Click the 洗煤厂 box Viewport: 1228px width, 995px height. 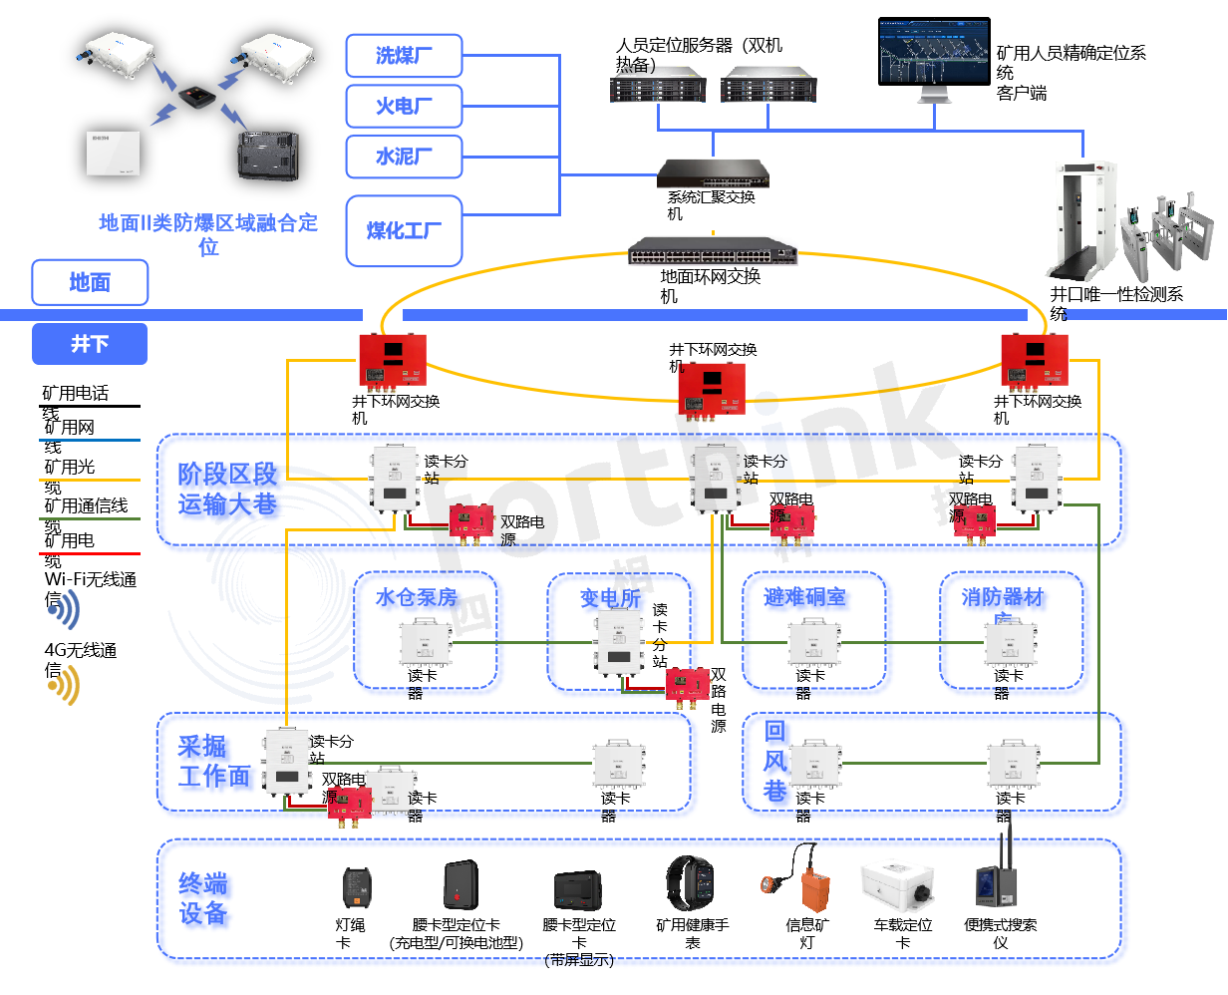click(x=404, y=55)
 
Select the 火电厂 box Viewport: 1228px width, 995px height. click(x=404, y=106)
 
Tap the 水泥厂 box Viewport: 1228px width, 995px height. click(x=404, y=157)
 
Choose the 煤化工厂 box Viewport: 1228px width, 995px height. click(x=404, y=230)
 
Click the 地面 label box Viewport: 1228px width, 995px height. click(x=90, y=282)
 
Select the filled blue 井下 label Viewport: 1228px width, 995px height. click(x=90, y=344)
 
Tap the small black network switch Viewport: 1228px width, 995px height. click(x=713, y=173)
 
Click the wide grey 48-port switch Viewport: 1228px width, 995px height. click(x=713, y=250)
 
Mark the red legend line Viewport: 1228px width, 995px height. click(x=90, y=553)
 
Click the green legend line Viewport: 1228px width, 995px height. click(x=90, y=518)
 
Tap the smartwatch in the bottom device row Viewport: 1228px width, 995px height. click(x=691, y=883)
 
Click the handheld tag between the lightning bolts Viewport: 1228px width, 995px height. click(x=195, y=97)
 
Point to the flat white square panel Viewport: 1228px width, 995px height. click(x=114, y=154)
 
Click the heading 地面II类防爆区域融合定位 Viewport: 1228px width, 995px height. click(x=207, y=234)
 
